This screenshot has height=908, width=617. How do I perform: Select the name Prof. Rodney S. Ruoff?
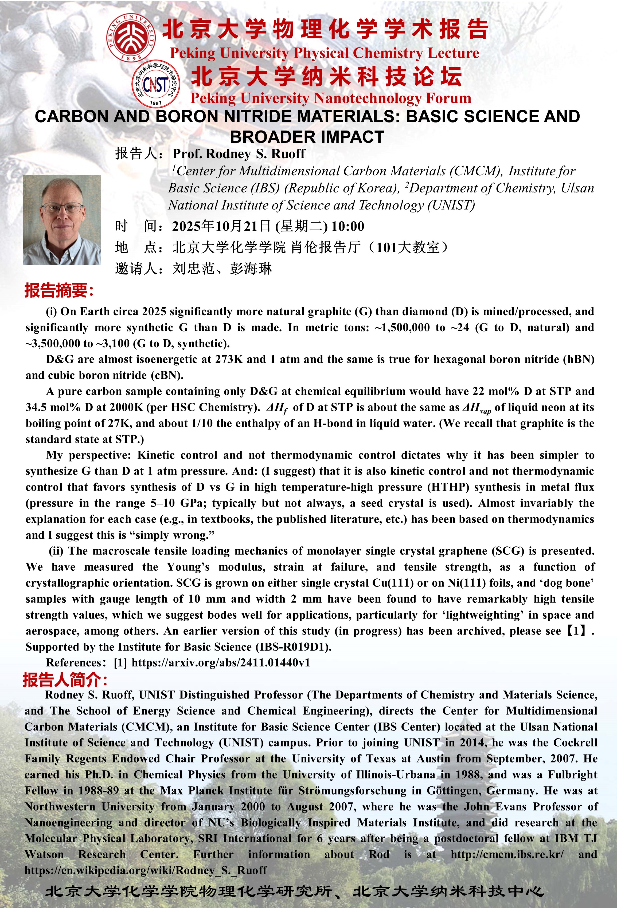[239, 153]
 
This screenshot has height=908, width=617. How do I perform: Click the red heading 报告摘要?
[59, 290]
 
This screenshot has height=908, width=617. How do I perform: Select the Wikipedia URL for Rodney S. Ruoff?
[146, 870]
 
